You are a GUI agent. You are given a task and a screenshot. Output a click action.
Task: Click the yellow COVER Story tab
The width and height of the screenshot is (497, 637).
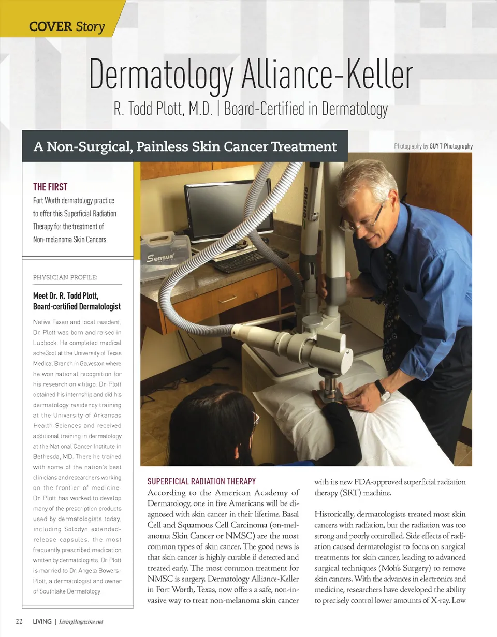click(x=66, y=26)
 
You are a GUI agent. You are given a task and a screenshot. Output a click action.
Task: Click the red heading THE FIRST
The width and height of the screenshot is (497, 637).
click(x=50, y=187)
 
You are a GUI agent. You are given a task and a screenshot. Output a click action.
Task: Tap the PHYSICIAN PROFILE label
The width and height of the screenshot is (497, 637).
click(x=65, y=277)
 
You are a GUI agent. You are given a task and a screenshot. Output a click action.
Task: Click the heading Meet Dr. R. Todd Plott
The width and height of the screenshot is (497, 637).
click(x=66, y=296)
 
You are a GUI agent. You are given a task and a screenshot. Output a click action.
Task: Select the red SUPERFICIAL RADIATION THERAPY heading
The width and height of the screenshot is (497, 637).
click(x=202, y=481)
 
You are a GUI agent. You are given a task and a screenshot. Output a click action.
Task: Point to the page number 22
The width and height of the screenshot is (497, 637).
click(x=19, y=621)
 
